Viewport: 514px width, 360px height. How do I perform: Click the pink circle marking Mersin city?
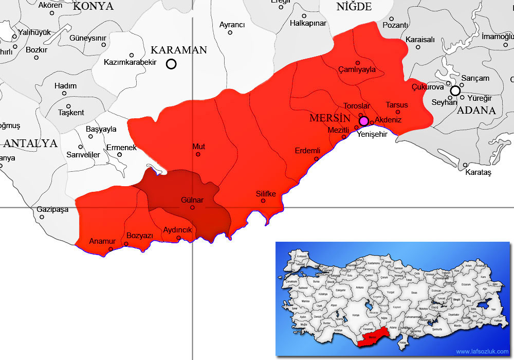(364, 121)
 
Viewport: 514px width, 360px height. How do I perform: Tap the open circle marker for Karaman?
(171, 64)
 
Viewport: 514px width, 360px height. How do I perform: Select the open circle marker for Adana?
(455, 91)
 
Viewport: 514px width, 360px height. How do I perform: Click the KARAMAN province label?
(178, 50)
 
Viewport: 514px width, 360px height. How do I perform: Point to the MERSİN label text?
(326, 118)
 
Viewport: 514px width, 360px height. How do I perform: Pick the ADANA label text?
(476, 110)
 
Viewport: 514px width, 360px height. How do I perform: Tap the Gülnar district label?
(192, 200)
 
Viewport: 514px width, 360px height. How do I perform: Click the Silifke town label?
(266, 194)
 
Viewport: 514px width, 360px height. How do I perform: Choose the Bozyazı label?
(140, 236)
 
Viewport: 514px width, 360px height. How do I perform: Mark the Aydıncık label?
(177, 230)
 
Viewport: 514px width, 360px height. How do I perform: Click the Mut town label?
(198, 147)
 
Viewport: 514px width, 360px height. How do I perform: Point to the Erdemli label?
(307, 151)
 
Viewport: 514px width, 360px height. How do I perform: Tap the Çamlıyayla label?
(357, 69)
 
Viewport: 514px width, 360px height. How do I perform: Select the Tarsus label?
(397, 105)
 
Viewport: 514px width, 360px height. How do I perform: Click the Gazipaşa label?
(52, 209)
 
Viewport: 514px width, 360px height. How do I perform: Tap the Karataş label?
(478, 172)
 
